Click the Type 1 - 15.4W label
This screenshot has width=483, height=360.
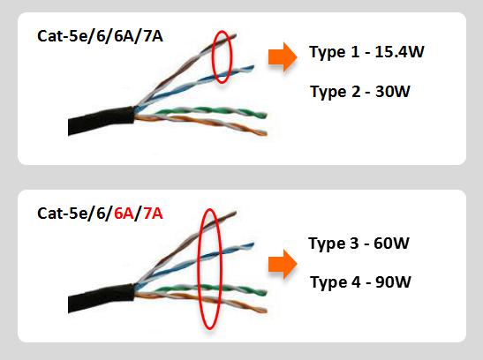(366, 52)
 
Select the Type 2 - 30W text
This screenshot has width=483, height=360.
(360, 92)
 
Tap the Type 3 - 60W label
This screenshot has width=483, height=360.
(358, 244)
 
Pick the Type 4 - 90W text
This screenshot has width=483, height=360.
(360, 282)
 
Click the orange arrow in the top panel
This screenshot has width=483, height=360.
(283, 57)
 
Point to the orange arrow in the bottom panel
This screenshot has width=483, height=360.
(283, 265)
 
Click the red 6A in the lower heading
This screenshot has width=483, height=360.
(124, 214)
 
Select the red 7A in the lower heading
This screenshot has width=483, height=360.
(153, 214)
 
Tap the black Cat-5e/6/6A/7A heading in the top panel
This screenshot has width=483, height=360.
(100, 36)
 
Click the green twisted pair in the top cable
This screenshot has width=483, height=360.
(209, 112)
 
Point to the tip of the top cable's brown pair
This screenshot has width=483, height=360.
(236, 35)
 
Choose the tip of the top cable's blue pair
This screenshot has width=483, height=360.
(253, 66)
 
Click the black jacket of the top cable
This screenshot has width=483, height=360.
(101, 120)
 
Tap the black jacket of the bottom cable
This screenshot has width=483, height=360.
(101, 298)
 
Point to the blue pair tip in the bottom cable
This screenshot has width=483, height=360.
(253, 244)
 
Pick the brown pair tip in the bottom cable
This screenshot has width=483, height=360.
(236, 213)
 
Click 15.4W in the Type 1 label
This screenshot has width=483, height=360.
(399, 52)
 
